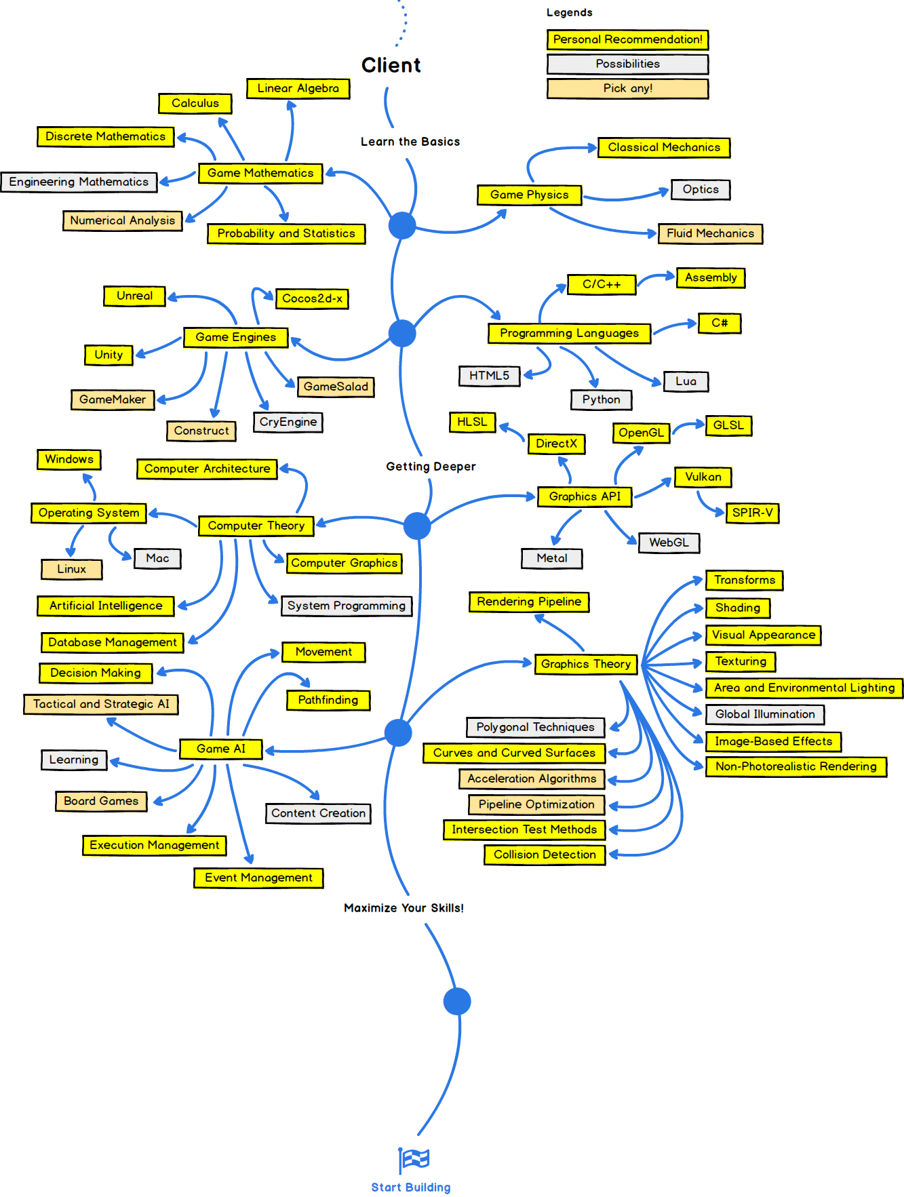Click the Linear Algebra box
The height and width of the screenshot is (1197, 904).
click(298, 88)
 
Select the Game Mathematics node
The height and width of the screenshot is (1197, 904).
click(260, 173)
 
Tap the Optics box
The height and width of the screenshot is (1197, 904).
click(701, 189)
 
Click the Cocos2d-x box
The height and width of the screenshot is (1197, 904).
click(312, 298)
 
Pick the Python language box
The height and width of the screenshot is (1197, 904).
click(601, 399)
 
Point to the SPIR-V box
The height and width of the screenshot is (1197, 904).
click(752, 513)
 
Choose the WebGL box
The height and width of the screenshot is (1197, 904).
click(669, 543)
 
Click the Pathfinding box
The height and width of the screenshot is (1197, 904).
click(328, 700)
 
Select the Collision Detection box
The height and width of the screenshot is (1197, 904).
click(545, 855)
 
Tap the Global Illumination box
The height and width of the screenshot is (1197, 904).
click(765, 714)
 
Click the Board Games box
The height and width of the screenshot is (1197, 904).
click(101, 801)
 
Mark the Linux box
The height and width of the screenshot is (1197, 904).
click(71, 569)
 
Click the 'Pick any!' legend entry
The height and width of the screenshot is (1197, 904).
click(627, 88)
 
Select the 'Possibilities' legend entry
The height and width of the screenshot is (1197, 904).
click(627, 64)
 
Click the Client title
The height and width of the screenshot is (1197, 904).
click(391, 65)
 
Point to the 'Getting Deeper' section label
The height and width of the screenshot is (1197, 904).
click(431, 467)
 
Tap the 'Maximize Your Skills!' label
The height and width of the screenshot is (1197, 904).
click(404, 908)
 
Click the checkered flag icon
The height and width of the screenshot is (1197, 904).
click(414, 1159)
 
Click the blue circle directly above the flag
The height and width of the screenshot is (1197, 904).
click(457, 1001)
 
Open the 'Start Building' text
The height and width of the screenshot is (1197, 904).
click(411, 1188)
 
